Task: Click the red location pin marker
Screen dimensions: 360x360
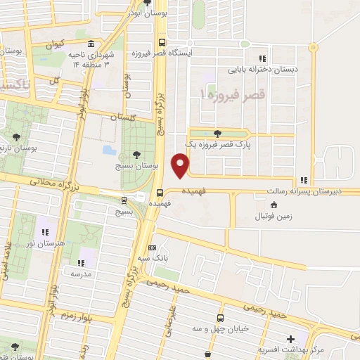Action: [181, 167]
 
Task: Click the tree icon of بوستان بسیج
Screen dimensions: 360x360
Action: [136, 155]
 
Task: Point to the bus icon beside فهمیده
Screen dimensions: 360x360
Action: [161, 191]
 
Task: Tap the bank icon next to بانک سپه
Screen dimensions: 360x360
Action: [153, 248]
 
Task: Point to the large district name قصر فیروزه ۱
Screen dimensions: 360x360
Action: [232, 94]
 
